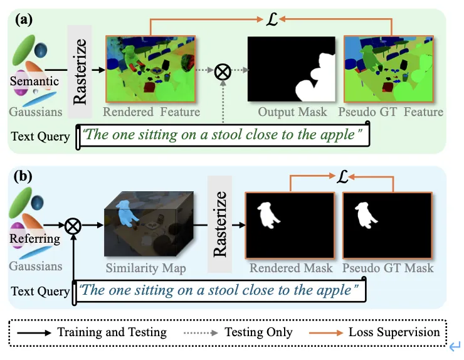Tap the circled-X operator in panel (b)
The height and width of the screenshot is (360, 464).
point(73,224)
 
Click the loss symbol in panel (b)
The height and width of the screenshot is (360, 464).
point(341,177)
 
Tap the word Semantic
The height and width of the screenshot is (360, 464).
point(34,81)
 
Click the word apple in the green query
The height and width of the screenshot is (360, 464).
point(337,135)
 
